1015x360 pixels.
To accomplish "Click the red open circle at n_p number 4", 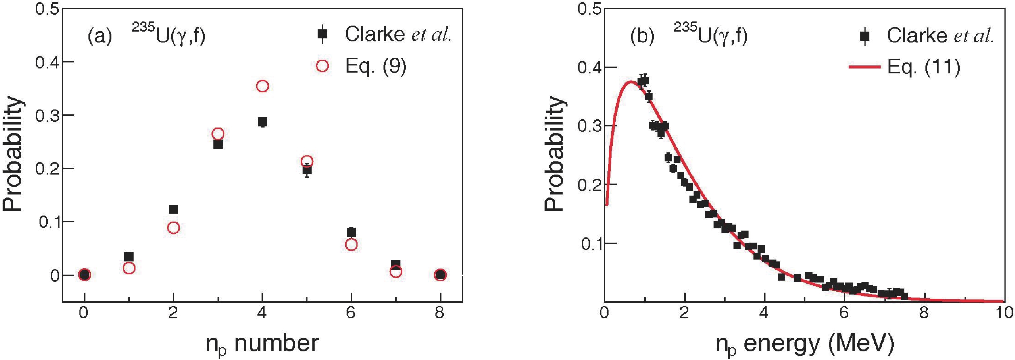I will [262, 86].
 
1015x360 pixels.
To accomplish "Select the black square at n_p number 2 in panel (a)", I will [173, 209].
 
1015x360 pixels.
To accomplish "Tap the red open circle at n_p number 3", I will [218, 134].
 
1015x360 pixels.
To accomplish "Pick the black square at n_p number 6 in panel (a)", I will [352, 232].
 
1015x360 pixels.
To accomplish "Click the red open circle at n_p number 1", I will [129, 268].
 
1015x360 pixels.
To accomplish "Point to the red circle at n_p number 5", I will [307, 161].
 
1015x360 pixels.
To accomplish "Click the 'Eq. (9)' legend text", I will [376, 67].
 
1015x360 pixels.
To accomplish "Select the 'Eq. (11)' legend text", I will [924, 67].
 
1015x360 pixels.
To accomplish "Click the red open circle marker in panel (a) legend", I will [322, 66].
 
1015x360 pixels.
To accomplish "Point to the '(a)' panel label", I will [100, 36].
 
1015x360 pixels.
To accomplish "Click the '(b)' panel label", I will [642, 36].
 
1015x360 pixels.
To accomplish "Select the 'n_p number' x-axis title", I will [262, 344].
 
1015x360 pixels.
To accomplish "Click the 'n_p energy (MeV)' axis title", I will [804, 344].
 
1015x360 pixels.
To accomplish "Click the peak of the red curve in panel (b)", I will [630, 82].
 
